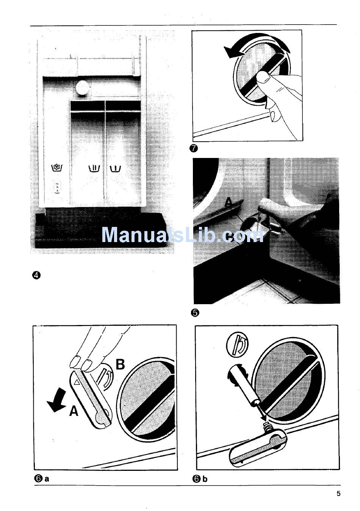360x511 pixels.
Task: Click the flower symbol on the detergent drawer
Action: pyautogui.click(x=56, y=167)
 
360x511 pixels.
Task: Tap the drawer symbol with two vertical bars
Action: pyautogui.click(x=94, y=168)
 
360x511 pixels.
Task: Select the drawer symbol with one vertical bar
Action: pyautogui.click(x=115, y=168)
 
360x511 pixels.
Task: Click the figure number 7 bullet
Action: pyautogui.click(x=195, y=148)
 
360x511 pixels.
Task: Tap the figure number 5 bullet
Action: pyautogui.click(x=196, y=313)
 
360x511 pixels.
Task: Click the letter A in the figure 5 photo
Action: pyautogui.click(x=229, y=203)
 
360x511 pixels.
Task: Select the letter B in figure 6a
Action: pyautogui.click(x=120, y=364)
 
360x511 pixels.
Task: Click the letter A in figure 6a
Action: pyautogui.click(x=74, y=411)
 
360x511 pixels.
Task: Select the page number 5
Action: pyautogui.click(x=338, y=494)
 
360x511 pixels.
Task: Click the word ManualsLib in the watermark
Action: pyautogui.click(x=159, y=235)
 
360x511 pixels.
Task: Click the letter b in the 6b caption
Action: pyautogui.click(x=205, y=479)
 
